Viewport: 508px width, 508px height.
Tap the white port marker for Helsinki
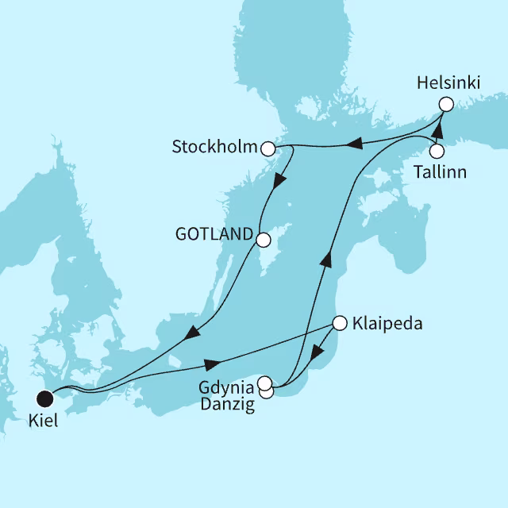pyautogui.click(x=445, y=103)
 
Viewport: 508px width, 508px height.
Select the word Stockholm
pyautogui.click(x=215, y=148)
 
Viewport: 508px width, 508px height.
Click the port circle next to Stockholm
pyautogui.click(x=268, y=148)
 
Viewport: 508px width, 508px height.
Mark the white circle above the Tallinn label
pyautogui.click(x=437, y=151)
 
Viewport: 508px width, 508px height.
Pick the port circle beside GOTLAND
pyautogui.click(x=264, y=237)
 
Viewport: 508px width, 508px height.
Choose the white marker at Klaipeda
pyautogui.click(x=340, y=323)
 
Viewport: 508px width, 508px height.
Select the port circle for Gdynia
pyautogui.click(x=265, y=383)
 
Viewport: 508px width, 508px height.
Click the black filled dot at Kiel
pyautogui.click(x=45, y=397)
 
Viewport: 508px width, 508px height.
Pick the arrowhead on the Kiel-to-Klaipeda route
pyautogui.click(x=212, y=364)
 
